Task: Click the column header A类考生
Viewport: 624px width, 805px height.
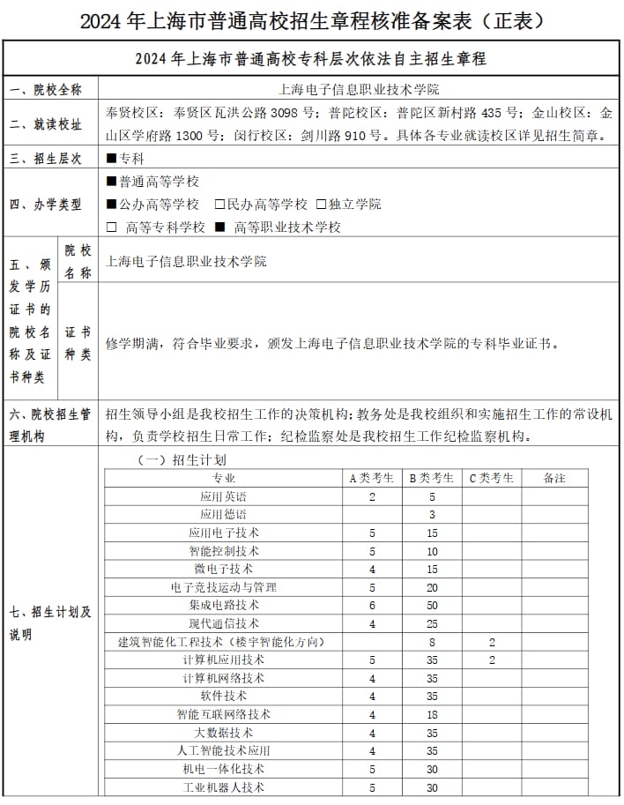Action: point(372,478)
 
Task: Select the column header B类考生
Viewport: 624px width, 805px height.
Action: point(432,478)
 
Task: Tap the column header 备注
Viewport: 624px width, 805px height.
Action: point(554,478)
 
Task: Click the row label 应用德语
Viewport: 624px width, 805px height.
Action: point(223,514)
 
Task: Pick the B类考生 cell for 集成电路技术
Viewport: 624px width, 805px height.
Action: point(432,605)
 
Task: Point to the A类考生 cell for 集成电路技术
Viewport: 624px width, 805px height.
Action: point(372,605)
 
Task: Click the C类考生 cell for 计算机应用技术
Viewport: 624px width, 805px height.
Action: point(492,660)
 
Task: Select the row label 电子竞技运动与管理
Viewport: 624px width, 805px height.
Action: point(223,587)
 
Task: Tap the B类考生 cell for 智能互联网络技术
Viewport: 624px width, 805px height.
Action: point(432,714)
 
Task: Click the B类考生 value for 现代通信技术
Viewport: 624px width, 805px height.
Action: point(432,623)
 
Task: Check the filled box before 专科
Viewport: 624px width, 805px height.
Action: point(111,159)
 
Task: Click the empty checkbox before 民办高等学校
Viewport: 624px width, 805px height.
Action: point(219,205)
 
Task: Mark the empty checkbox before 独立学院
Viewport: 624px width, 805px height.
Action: point(321,205)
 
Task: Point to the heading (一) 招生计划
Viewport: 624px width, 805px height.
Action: point(181,459)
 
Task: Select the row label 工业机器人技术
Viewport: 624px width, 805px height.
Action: point(223,787)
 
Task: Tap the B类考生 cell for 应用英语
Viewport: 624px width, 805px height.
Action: point(432,496)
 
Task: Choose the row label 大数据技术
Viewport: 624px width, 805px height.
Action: point(223,733)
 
